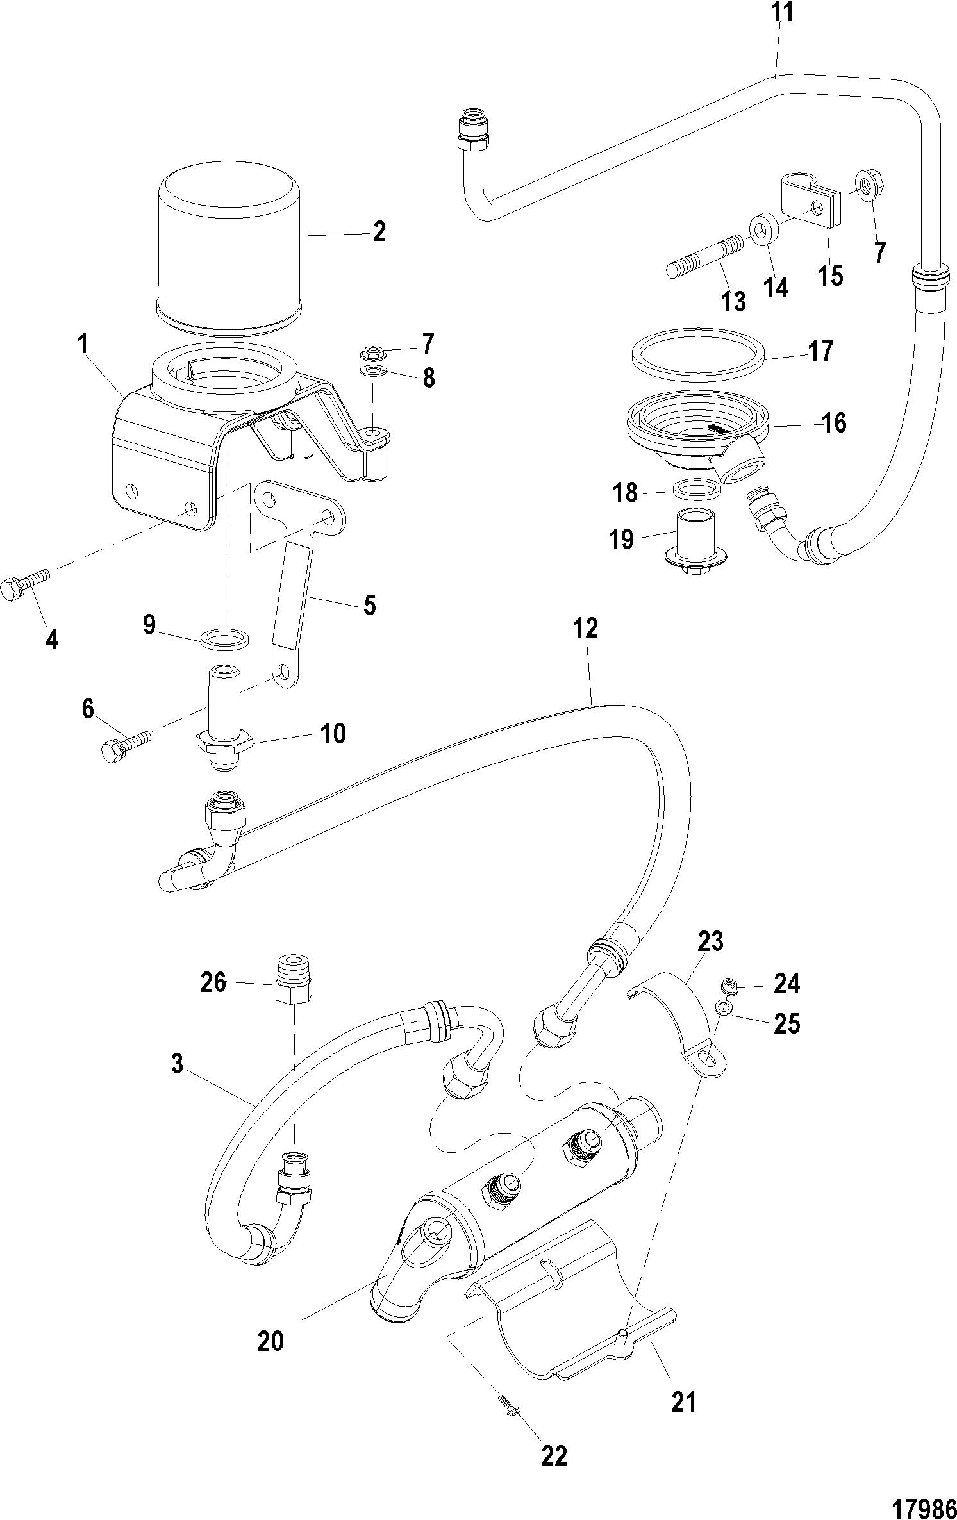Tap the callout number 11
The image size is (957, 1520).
point(781,12)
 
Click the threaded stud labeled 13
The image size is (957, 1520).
point(706,256)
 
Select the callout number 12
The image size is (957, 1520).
point(586,628)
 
